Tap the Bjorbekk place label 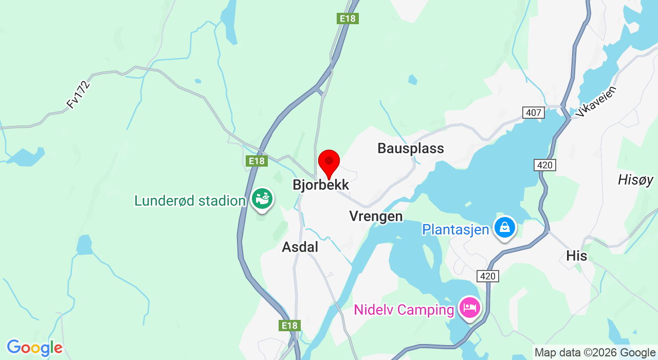click(321, 185)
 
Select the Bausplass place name click(410, 149)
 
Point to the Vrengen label click(376, 216)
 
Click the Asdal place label click(300, 247)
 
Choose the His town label click(576, 256)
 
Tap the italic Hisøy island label click(635, 180)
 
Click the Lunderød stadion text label click(189, 201)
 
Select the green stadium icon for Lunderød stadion click(262, 199)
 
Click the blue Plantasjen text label click(455, 229)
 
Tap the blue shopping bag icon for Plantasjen click(505, 227)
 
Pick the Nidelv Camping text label click(404, 310)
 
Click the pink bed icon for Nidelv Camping click(470, 308)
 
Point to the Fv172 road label click(78, 94)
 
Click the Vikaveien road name click(597, 101)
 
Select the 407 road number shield click(533, 112)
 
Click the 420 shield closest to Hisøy click(544, 165)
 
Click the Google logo click(34, 348)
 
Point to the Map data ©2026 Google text click(595, 353)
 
